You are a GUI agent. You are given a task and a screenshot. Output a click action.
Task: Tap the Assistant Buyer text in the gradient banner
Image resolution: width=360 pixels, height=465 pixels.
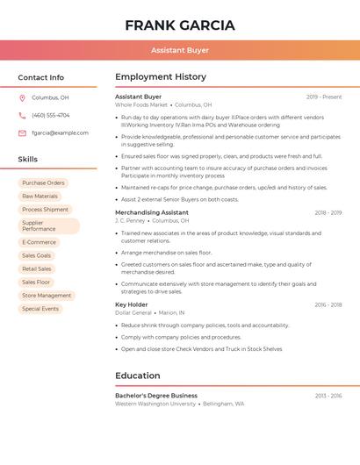[x=180, y=50]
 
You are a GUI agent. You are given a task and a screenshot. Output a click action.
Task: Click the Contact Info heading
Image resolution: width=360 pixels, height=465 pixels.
[x=41, y=77]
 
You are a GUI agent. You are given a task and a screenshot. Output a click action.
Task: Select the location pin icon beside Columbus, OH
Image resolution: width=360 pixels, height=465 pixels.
[x=22, y=98]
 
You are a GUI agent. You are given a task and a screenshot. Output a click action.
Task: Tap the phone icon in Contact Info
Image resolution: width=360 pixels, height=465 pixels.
[x=22, y=116]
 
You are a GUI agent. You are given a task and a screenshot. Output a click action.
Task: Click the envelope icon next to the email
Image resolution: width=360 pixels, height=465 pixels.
[x=22, y=133]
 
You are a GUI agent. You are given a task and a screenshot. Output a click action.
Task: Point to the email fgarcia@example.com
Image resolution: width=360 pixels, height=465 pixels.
[x=60, y=133]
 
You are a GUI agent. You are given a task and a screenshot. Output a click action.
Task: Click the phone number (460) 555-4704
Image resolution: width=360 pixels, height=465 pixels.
[x=51, y=116]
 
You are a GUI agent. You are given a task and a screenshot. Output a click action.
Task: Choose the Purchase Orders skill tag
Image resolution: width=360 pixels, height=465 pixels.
[x=43, y=183]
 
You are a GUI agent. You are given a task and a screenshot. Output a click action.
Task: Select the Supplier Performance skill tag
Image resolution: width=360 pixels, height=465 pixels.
[x=49, y=225]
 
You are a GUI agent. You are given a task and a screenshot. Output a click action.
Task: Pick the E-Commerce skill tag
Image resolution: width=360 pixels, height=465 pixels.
[x=39, y=242]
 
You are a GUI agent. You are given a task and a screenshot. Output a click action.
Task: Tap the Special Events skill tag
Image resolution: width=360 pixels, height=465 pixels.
[x=40, y=309]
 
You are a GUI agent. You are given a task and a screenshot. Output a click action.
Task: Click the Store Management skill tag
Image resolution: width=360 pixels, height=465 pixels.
[x=47, y=296]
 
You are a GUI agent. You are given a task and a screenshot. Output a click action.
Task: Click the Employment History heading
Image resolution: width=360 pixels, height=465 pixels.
[x=161, y=77]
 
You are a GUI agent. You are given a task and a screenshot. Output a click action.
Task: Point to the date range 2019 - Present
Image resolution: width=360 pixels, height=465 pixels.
[x=324, y=97]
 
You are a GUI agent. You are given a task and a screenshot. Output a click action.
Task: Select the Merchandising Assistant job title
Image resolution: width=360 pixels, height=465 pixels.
[x=151, y=212]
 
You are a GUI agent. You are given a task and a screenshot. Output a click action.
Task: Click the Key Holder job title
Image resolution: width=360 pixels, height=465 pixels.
[x=132, y=304]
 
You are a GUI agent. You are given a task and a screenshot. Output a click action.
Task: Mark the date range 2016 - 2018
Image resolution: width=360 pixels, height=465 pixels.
[x=328, y=304]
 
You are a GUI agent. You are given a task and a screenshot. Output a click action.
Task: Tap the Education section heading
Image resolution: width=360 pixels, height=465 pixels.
[x=138, y=376]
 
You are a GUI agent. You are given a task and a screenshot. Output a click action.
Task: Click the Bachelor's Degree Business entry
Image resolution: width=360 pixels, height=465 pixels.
[x=156, y=396]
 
